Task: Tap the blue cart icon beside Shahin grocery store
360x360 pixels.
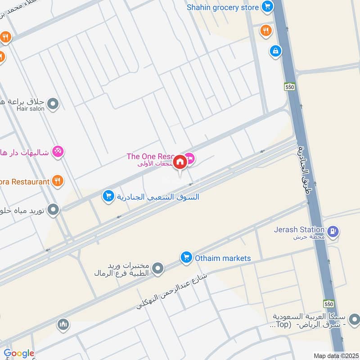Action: (268, 7)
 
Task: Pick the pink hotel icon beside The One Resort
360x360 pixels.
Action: (190, 157)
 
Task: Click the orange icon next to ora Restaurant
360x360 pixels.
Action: (57, 181)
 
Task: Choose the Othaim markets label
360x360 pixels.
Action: (222, 258)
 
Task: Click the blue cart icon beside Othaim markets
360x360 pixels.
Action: (185, 258)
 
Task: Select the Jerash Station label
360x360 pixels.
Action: (299, 229)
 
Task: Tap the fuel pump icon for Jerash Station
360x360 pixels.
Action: (333, 232)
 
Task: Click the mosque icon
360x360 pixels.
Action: (63, 324)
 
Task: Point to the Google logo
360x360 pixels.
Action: (19, 353)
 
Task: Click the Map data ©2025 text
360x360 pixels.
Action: (335, 355)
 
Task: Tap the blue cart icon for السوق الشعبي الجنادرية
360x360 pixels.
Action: (108, 196)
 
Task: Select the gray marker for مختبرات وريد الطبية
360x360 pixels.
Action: (157, 269)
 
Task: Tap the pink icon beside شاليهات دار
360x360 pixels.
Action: (57, 151)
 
